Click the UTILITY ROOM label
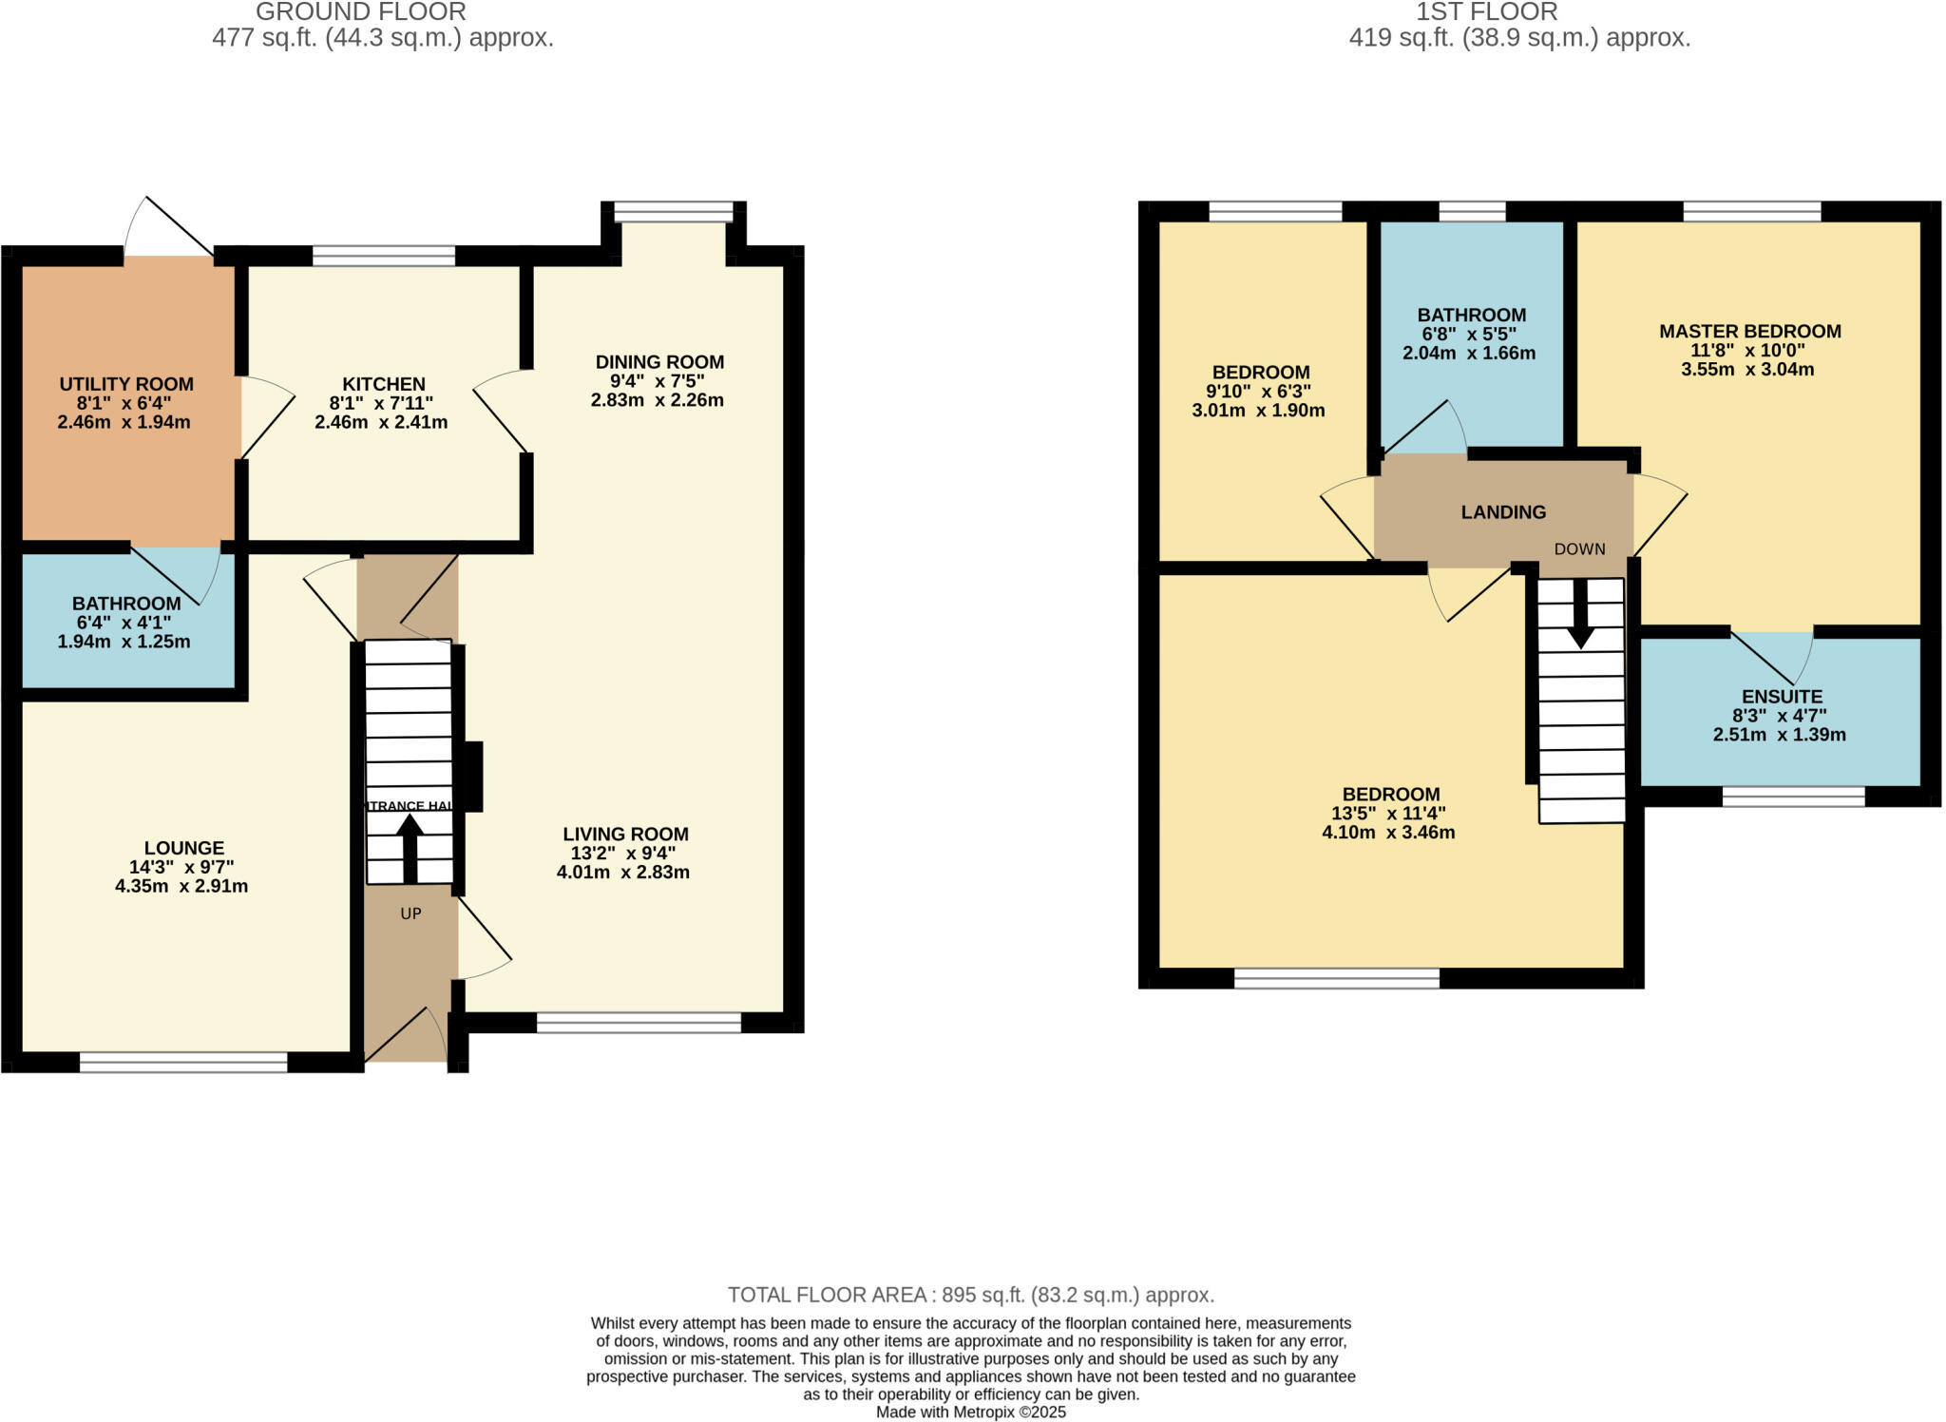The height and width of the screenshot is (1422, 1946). (x=126, y=384)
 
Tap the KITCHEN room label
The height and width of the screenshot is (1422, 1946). (x=384, y=384)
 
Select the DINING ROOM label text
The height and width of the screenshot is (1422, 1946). (x=659, y=362)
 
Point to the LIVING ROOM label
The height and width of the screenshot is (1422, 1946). (x=624, y=835)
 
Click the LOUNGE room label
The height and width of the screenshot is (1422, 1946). (x=184, y=848)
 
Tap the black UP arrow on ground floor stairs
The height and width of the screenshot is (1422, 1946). (x=410, y=848)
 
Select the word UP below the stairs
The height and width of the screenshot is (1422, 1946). (x=410, y=913)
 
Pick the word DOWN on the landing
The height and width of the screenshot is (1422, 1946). (x=1579, y=549)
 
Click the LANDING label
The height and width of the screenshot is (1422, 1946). (x=1503, y=512)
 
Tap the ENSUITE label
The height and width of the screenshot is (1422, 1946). (x=1782, y=697)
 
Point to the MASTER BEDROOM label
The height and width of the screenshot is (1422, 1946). (x=1749, y=332)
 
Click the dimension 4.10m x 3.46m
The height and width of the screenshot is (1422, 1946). (x=1388, y=833)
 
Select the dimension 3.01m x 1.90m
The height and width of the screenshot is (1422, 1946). (x=1258, y=411)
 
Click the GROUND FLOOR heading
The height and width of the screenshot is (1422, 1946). (x=361, y=12)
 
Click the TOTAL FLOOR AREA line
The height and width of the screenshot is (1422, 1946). (x=971, y=1295)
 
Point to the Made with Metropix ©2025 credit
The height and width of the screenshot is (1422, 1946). (x=971, y=1412)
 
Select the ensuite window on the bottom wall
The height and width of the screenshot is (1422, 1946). (x=1793, y=797)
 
